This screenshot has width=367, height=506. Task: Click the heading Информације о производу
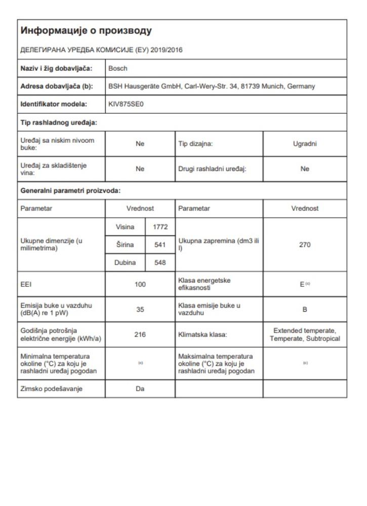click(86, 32)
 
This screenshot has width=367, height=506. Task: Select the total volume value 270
click(305, 245)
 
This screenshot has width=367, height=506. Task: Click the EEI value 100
click(140, 285)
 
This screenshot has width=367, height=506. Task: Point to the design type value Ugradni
click(305, 144)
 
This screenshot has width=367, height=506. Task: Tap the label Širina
click(125, 245)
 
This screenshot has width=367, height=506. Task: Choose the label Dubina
click(125, 264)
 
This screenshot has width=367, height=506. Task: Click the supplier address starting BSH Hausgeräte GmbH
click(212, 86)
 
